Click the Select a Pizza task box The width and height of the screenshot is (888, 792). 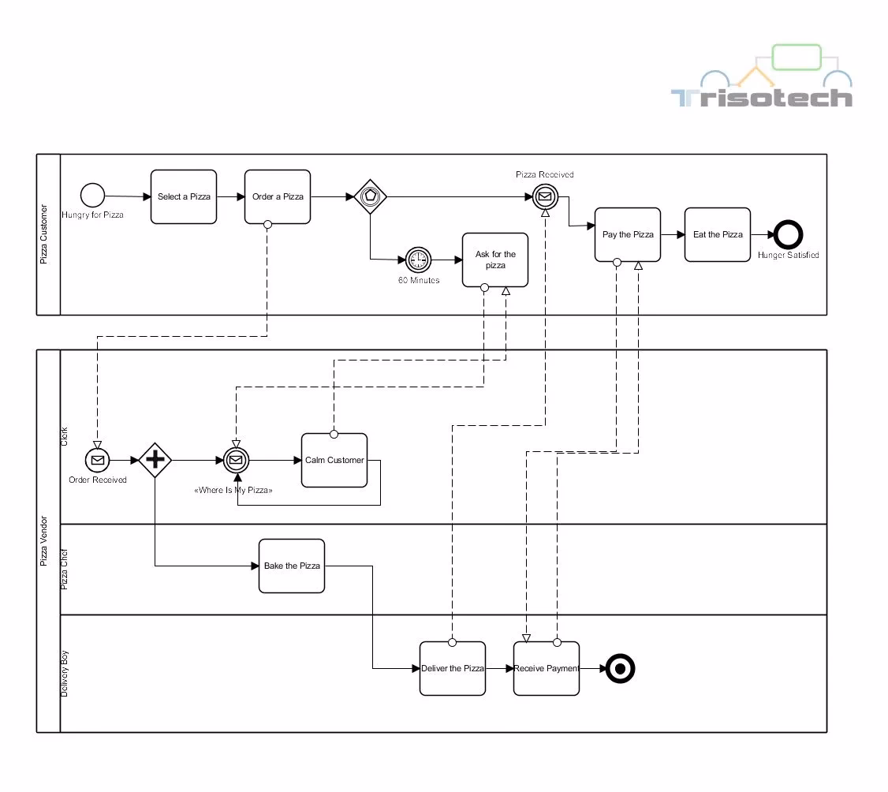(184, 196)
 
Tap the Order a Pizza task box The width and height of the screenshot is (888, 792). (278, 196)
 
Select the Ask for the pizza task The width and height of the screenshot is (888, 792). (495, 260)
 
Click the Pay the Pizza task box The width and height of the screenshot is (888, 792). (628, 234)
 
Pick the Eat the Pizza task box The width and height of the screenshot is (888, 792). (718, 234)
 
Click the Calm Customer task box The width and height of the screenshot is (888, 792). (334, 460)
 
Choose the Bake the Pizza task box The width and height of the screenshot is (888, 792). (292, 566)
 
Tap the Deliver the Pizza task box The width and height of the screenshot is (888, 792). (453, 668)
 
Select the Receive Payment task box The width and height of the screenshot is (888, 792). (547, 668)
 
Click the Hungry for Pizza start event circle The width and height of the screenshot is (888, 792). (92, 195)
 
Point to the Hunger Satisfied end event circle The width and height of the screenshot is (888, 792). (788, 234)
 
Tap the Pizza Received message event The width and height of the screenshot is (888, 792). (544, 196)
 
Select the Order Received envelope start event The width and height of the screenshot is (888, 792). (97, 460)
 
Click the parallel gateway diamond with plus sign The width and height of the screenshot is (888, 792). (155, 460)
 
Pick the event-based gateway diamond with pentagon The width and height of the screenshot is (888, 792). (369, 196)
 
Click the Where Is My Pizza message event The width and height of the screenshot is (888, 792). (235, 460)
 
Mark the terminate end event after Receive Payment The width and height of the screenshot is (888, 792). (621, 669)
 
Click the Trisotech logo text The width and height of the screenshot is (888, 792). (762, 98)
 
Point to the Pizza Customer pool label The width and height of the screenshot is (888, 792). (44, 234)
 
